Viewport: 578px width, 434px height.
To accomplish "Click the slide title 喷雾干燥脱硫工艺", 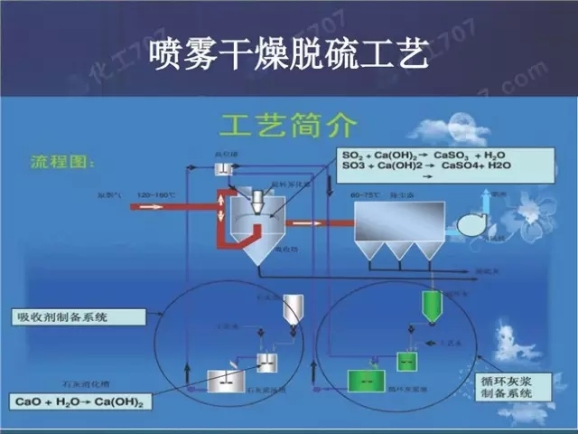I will pyautogui.click(x=288, y=47).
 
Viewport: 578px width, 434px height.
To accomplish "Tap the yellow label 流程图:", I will pyautogui.click(x=56, y=163).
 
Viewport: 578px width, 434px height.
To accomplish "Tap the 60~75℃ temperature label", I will pyautogui.click(x=364, y=193).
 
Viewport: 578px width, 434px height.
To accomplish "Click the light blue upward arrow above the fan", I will pyautogui.click(x=486, y=198).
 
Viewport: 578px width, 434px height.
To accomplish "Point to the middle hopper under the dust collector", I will pyautogui.click(x=397, y=250).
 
